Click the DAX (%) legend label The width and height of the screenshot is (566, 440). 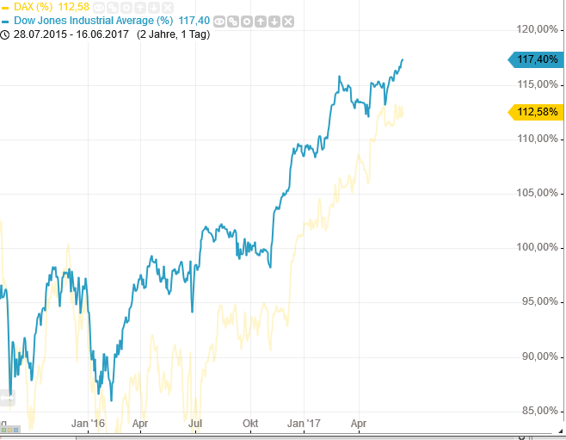click(x=33, y=7)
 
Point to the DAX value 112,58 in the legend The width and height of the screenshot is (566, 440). click(x=73, y=7)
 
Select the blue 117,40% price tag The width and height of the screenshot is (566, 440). click(x=537, y=59)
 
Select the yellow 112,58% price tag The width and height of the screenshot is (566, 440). click(x=537, y=112)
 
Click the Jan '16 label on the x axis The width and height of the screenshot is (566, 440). click(x=88, y=424)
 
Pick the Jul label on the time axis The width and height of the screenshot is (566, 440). click(x=195, y=424)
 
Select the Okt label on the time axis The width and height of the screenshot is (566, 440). click(x=250, y=424)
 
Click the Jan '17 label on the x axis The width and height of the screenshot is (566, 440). click(x=304, y=424)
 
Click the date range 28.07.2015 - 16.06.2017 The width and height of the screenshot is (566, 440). click(x=71, y=34)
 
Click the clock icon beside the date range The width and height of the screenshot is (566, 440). click(x=5, y=34)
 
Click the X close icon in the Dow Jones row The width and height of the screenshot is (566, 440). click(x=287, y=21)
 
